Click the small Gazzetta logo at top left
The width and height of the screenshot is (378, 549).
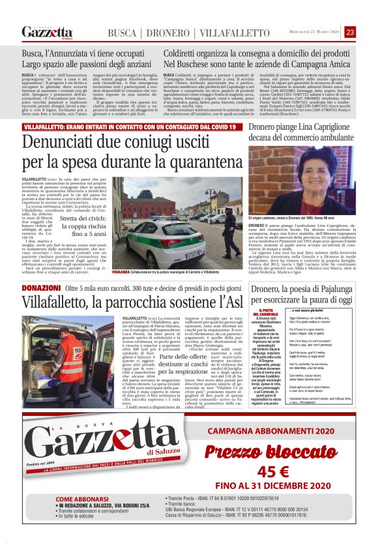47,32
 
